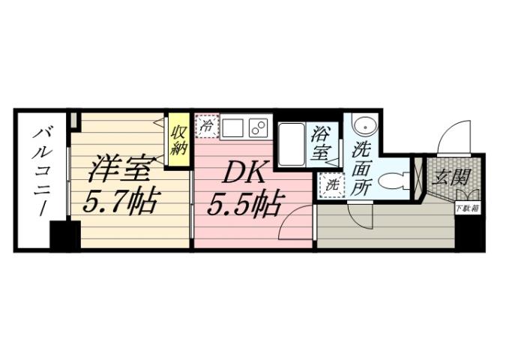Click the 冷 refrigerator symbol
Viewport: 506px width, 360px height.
pos(205,127)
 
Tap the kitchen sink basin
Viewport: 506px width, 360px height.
pos(232,127)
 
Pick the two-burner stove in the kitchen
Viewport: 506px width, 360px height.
pos(259,127)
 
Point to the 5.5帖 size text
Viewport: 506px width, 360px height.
pos(244,202)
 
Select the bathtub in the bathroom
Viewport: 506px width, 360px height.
pos(291,145)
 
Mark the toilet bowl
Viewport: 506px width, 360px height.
pos(393,181)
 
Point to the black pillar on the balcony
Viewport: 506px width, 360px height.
pos(65,235)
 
